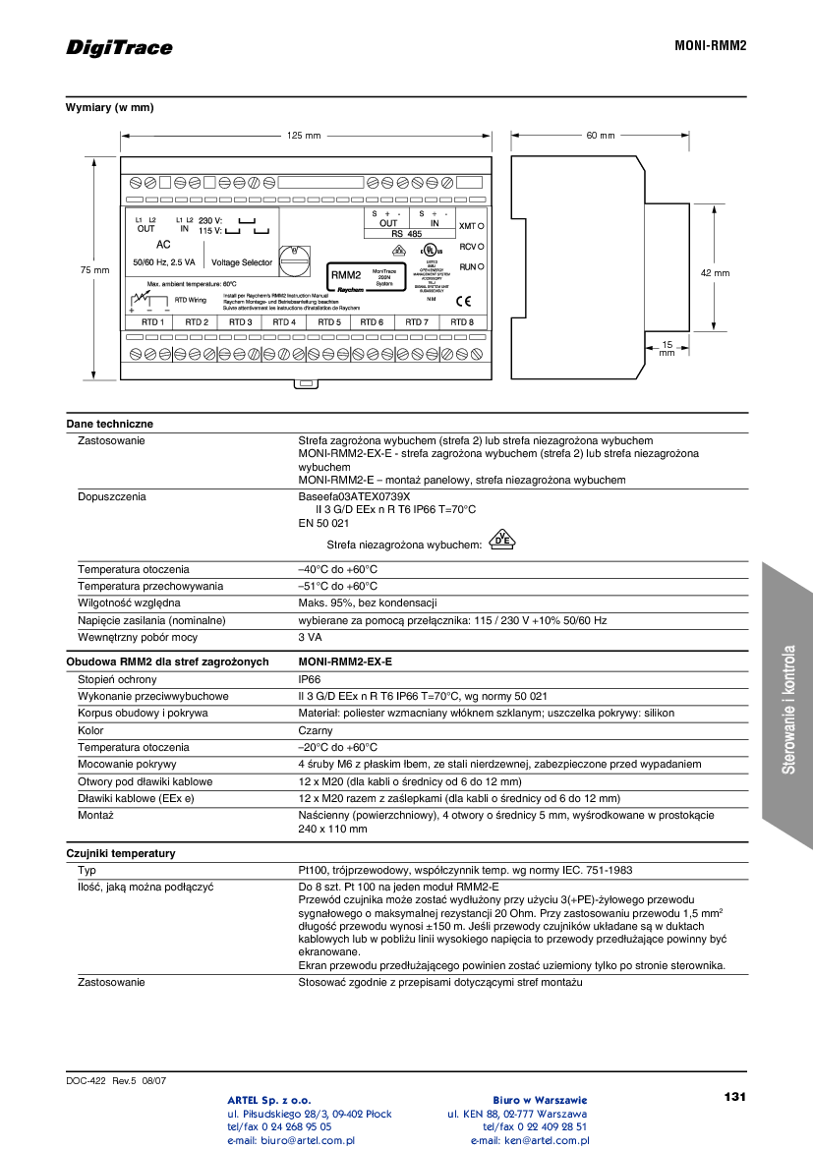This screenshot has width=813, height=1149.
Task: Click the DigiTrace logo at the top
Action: (x=119, y=48)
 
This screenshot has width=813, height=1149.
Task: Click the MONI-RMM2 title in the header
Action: (x=710, y=46)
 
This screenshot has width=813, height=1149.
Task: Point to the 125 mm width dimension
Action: (x=304, y=136)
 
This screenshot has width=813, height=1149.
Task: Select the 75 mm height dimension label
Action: (x=94, y=269)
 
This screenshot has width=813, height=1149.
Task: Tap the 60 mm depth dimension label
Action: (x=600, y=136)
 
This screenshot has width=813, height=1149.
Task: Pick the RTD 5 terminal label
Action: (x=329, y=322)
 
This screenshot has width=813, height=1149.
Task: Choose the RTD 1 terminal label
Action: (x=151, y=322)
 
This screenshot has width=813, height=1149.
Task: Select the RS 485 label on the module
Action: (x=407, y=234)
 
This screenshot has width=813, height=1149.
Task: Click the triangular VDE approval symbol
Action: (x=501, y=540)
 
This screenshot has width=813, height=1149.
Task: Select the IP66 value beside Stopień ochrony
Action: (x=309, y=679)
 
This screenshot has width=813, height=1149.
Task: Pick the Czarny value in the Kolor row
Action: (x=315, y=730)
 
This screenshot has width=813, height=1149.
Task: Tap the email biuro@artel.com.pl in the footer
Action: (x=291, y=1141)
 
